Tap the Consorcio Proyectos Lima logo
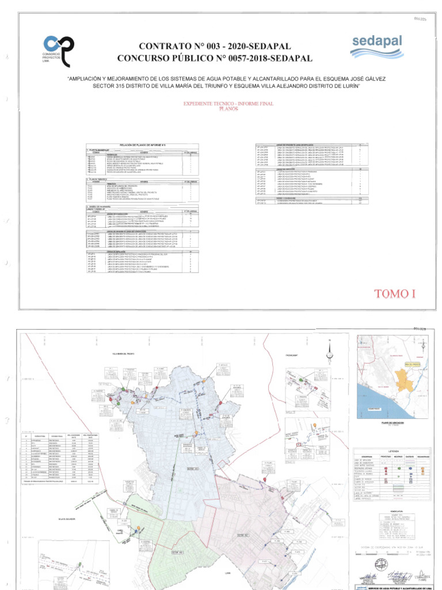point(59,50)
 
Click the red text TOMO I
point(394,294)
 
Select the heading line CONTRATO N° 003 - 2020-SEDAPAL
point(215,46)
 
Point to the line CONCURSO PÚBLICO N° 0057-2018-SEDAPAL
point(215,58)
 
